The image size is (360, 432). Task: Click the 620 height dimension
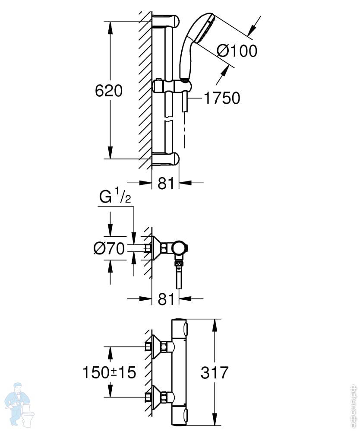(109, 91)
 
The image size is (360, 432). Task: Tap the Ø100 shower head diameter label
(237, 51)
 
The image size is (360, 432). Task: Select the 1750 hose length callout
(222, 98)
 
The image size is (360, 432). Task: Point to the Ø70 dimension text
(109, 248)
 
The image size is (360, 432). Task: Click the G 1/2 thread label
(115, 196)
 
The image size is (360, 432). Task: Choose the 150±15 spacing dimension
(109, 372)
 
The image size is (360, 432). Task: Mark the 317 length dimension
(215, 372)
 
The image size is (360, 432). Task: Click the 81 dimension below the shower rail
(166, 183)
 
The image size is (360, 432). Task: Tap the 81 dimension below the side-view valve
(166, 299)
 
